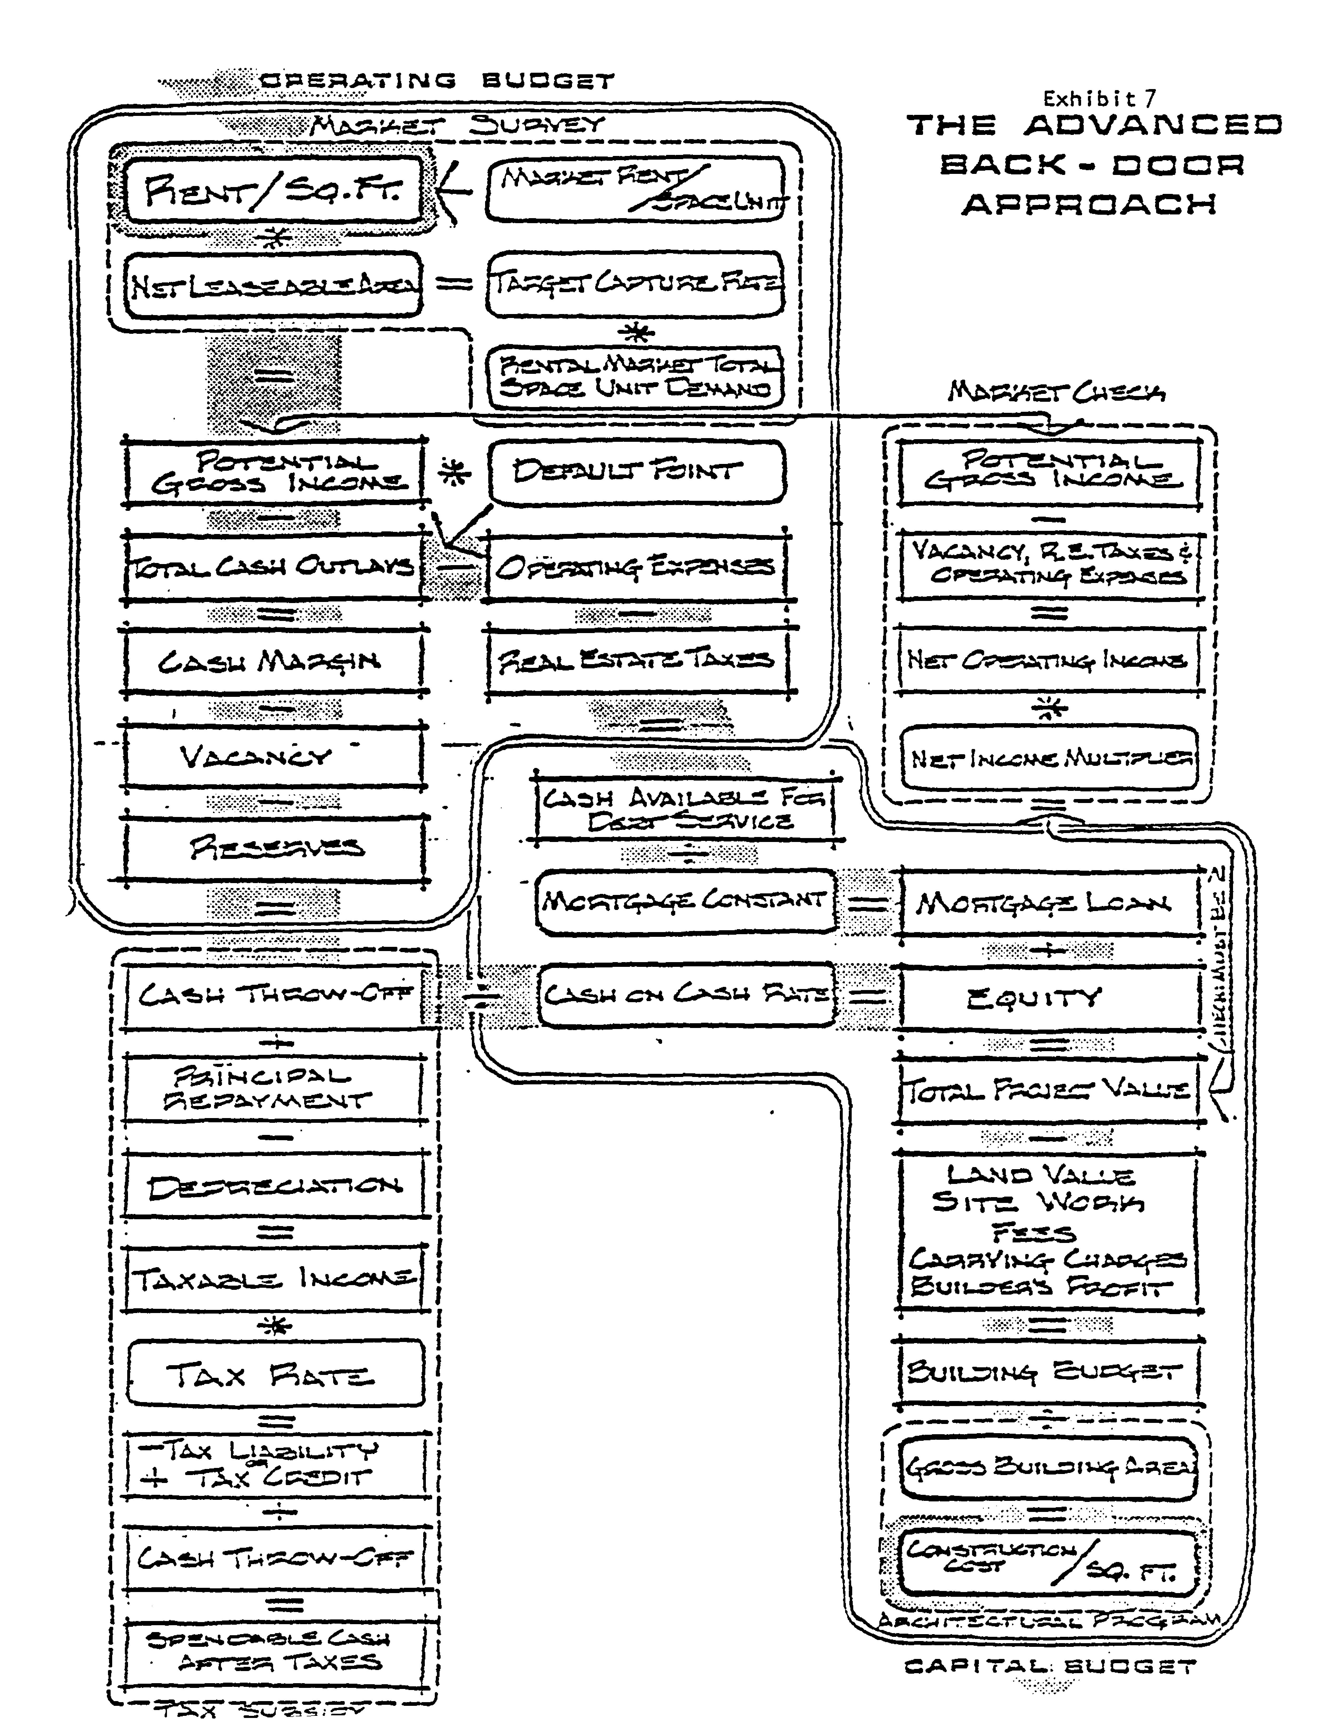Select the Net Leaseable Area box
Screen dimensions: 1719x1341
tap(273, 285)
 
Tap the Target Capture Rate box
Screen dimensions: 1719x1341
tap(635, 283)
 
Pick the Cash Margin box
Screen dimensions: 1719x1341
tap(272, 661)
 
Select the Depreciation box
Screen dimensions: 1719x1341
tap(274, 1187)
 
